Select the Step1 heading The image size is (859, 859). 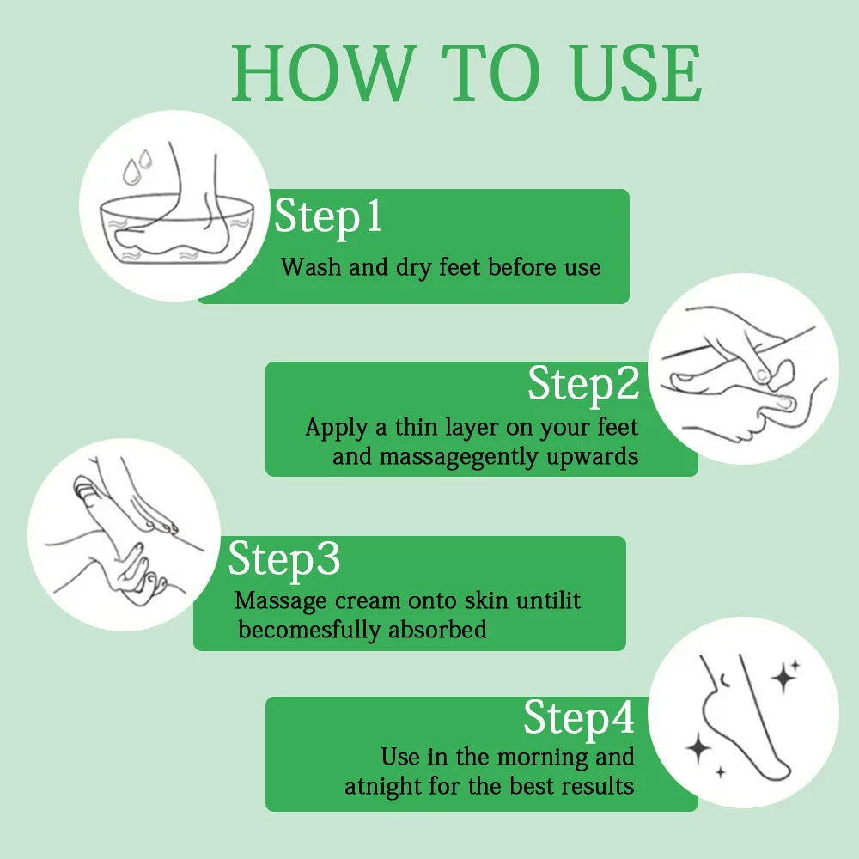328,217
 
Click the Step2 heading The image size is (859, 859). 583,384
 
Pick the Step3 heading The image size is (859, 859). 284,559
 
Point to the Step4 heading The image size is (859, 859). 579,718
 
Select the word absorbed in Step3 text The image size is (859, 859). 437,630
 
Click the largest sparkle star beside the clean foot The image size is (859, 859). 783,677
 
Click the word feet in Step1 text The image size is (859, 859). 460,267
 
